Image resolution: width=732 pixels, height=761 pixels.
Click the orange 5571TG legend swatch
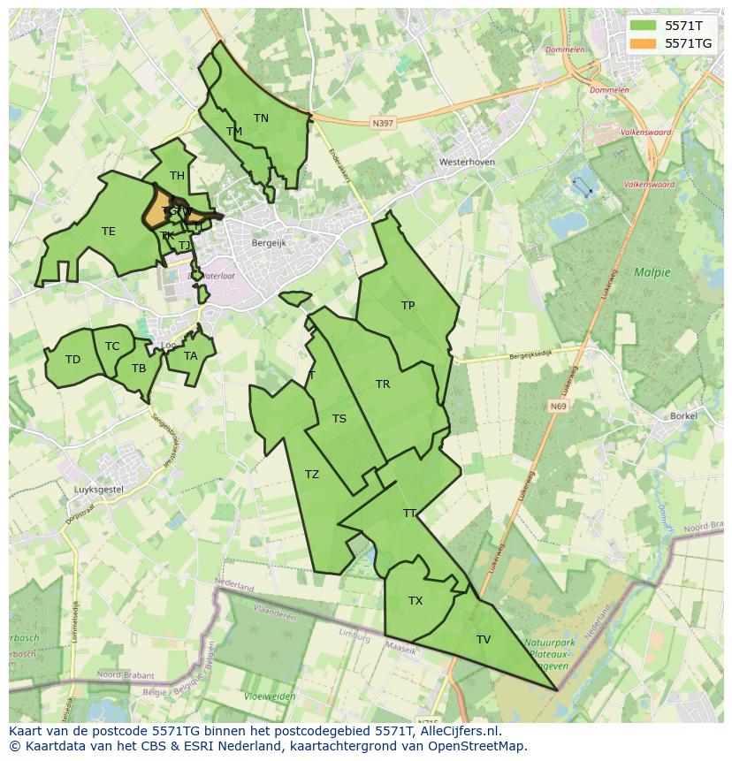pos(643,42)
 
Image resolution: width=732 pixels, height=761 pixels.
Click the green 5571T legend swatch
pos(643,25)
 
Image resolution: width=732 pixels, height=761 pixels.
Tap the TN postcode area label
pos(261,118)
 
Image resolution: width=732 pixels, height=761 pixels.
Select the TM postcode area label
pos(234,132)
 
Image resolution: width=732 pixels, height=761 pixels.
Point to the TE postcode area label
pos(108,232)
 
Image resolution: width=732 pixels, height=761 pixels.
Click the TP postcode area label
pos(408,306)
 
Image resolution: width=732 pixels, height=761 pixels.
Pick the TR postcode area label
pos(383,384)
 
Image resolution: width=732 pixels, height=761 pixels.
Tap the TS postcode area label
pos(339,419)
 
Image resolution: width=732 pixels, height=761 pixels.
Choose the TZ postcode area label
pos(312,475)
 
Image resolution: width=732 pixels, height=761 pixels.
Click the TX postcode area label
pos(416,601)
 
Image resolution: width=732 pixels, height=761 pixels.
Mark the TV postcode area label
pos(484,640)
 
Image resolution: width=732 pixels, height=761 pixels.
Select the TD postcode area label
pos(72,360)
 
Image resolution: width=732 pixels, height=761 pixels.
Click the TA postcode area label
pos(191,356)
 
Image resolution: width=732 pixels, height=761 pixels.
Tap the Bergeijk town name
pos(269,242)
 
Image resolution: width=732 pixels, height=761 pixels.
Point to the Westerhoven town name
pos(467,163)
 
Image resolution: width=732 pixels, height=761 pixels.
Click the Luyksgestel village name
pos(98,489)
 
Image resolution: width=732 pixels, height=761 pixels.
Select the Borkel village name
pos(683,415)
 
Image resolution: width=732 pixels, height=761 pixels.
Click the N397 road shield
pos(383,124)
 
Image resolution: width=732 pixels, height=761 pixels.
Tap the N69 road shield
pos(557,407)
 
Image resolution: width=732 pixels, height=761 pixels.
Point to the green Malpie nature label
pos(652,272)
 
